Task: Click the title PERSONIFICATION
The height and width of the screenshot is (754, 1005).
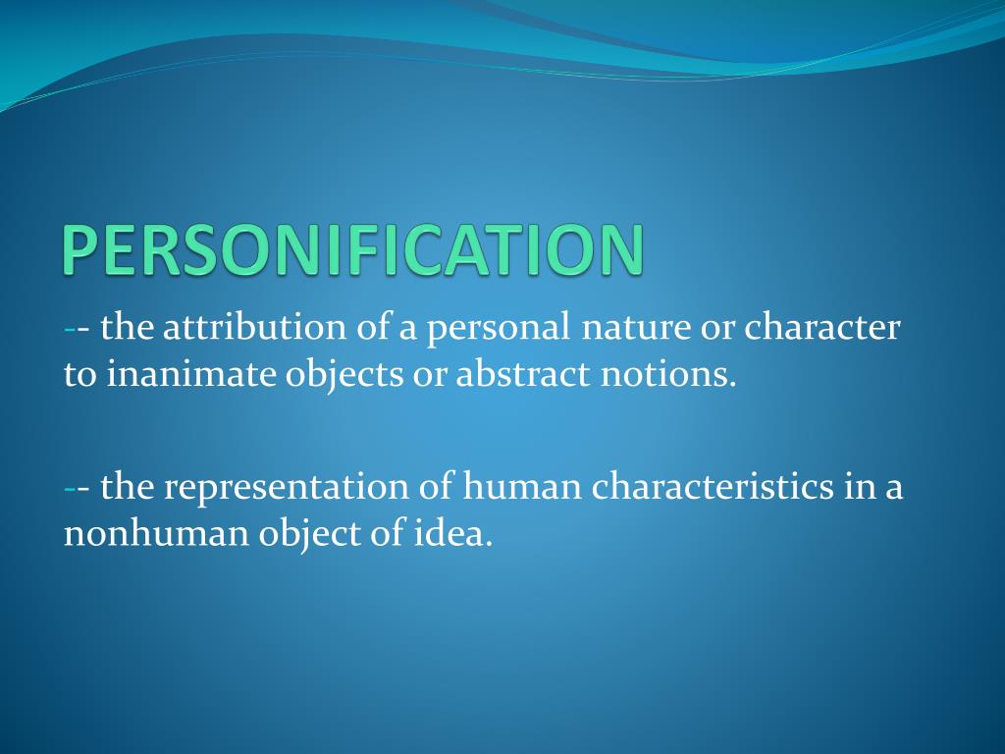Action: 354,249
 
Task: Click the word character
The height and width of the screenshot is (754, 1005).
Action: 821,328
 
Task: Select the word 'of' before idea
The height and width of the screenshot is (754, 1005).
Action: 388,534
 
